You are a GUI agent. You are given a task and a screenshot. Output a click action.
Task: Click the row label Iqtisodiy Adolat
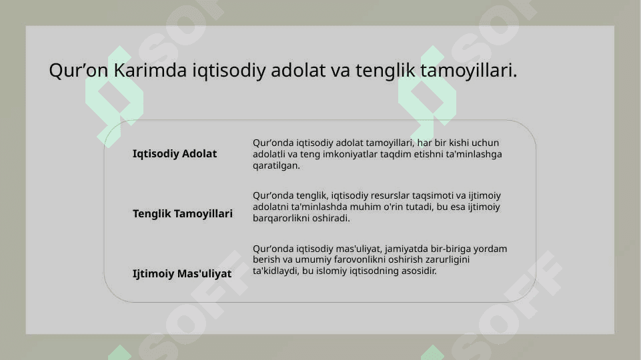175,153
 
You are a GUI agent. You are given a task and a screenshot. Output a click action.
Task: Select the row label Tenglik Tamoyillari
182,214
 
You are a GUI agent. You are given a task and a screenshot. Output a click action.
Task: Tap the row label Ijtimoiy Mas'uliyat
182,273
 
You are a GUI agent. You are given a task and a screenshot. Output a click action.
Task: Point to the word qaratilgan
276,166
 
